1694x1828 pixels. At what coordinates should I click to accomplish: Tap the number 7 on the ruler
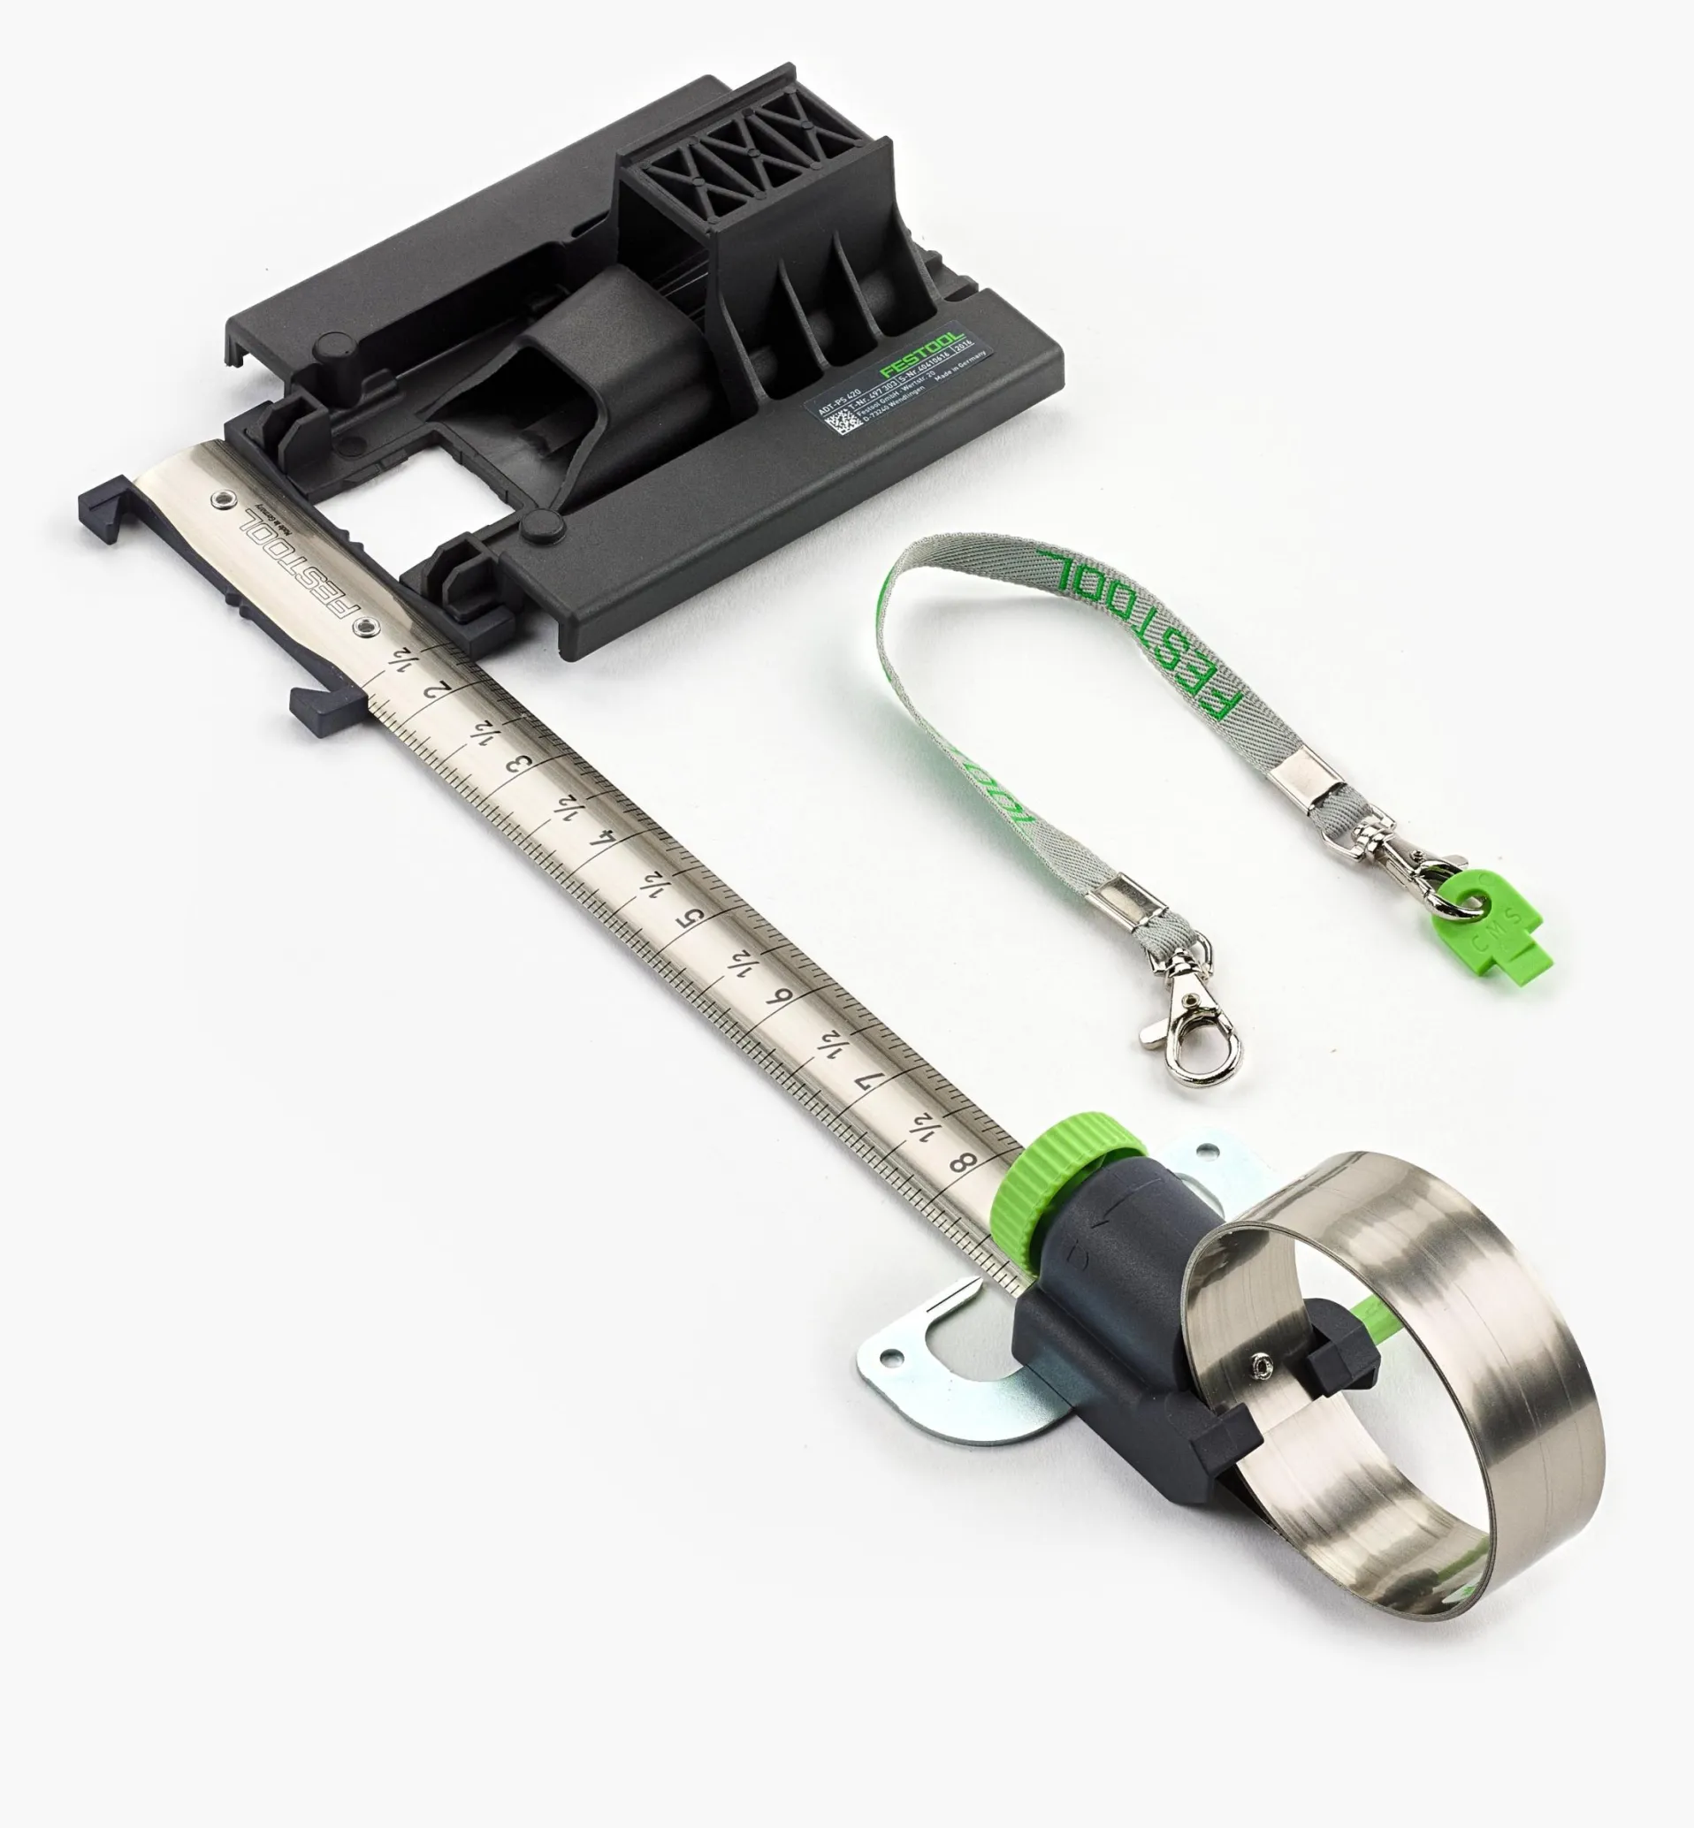click(x=868, y=1082)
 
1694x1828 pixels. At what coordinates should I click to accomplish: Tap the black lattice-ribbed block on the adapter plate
click(x=752, y=165)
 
